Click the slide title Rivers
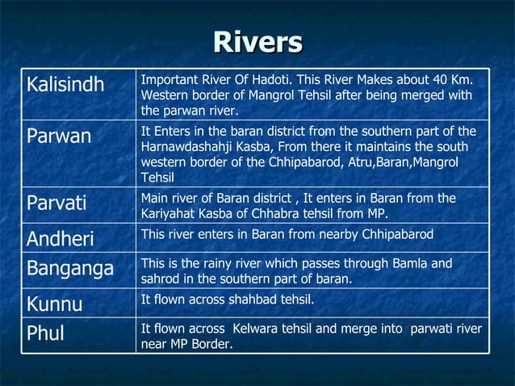(257, 42)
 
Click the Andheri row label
(60, 239)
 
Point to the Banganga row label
(69, 267)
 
